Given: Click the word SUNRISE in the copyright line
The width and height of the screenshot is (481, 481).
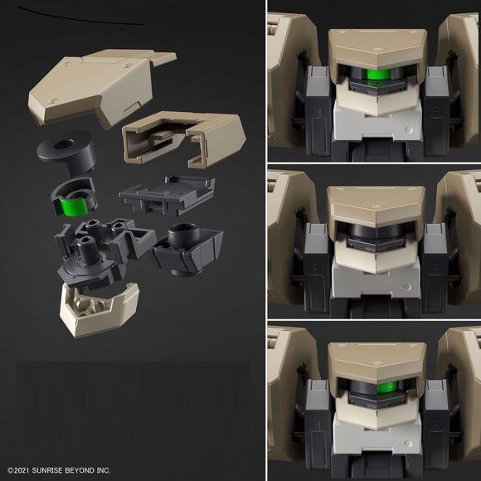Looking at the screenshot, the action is (47, 470).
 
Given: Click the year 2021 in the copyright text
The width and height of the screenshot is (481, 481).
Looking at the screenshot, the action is (22, 470).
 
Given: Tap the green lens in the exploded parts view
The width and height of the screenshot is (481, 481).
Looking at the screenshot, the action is (74, 207).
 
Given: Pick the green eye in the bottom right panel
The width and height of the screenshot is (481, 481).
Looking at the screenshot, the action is (387, 387).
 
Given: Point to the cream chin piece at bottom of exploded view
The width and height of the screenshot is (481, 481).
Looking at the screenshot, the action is (100, 310).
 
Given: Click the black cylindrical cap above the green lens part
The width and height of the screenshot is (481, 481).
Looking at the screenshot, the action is (66, 153).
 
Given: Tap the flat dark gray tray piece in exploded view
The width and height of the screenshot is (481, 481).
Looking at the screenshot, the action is (168, 195).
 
